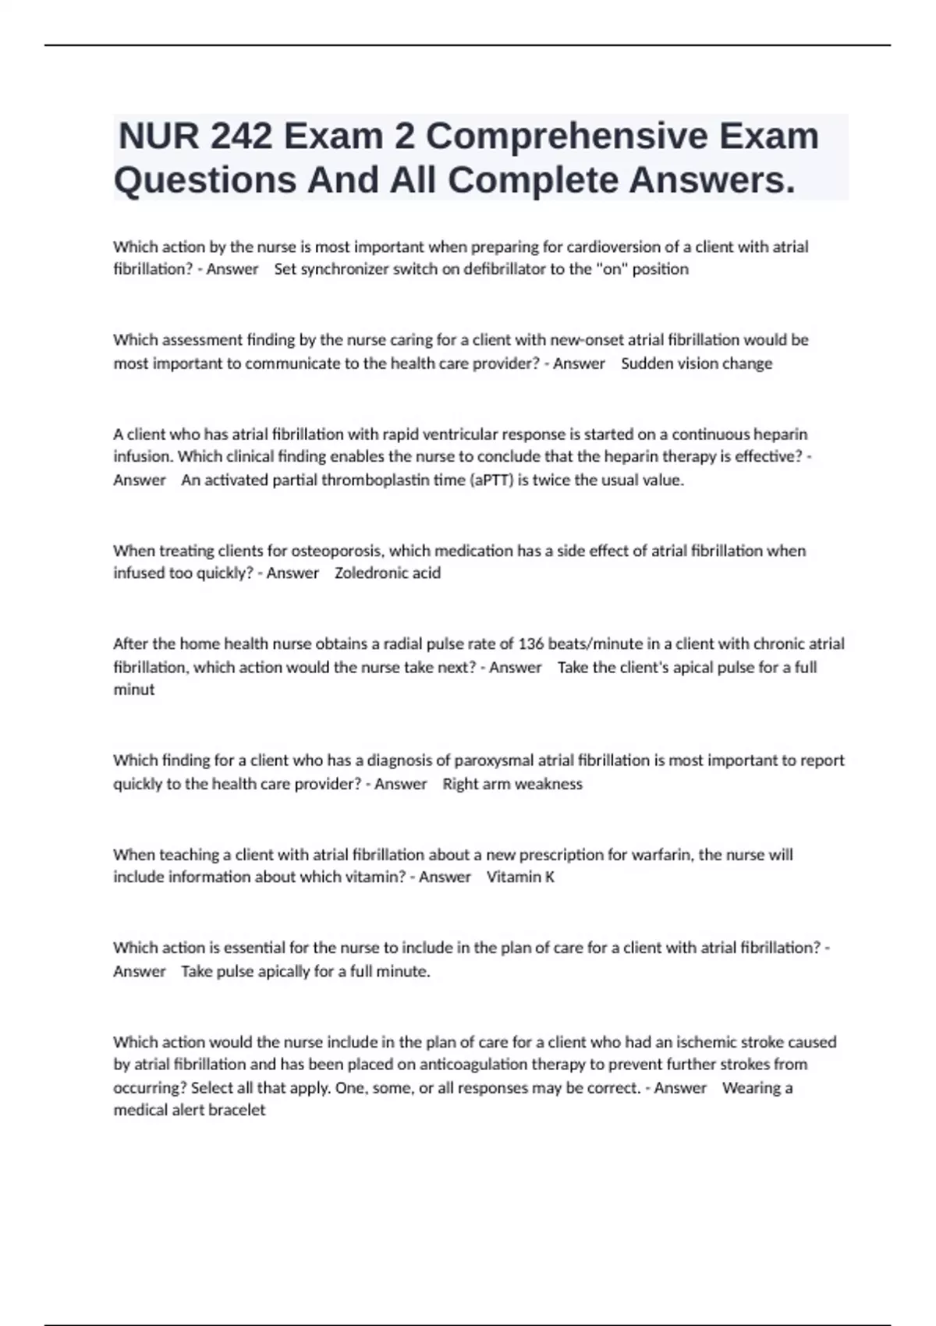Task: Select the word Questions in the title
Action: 205,181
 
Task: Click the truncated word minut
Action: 133,690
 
